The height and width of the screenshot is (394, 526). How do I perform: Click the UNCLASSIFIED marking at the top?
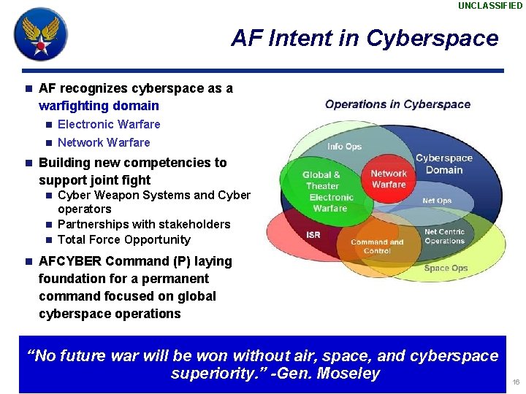(490, 6)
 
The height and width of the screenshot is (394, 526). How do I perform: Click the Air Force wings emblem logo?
(41, 34)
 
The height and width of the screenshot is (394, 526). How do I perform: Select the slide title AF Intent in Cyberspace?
(364, 38)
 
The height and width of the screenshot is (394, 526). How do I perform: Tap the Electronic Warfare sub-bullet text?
(108, 125)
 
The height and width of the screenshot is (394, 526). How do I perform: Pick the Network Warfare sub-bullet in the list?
(103, 143)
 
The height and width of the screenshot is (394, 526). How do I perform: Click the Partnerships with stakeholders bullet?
(143, 225)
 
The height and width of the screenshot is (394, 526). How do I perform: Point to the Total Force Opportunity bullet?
(123, 240)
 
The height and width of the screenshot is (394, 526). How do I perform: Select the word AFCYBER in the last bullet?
(71, 261)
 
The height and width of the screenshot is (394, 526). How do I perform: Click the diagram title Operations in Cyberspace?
(397, 104)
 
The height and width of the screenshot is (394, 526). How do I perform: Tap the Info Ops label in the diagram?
(344, 147)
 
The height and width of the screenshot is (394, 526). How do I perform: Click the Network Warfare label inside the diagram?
(388, 179)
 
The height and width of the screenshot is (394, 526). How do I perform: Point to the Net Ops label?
(437, 201)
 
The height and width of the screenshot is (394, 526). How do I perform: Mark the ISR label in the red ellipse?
(313, 235)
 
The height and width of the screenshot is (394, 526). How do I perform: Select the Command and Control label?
(377, 247)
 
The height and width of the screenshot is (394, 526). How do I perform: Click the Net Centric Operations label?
(444, 236)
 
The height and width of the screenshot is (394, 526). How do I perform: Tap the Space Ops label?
(446, 269)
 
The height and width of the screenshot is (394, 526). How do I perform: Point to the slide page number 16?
(516, 382)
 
